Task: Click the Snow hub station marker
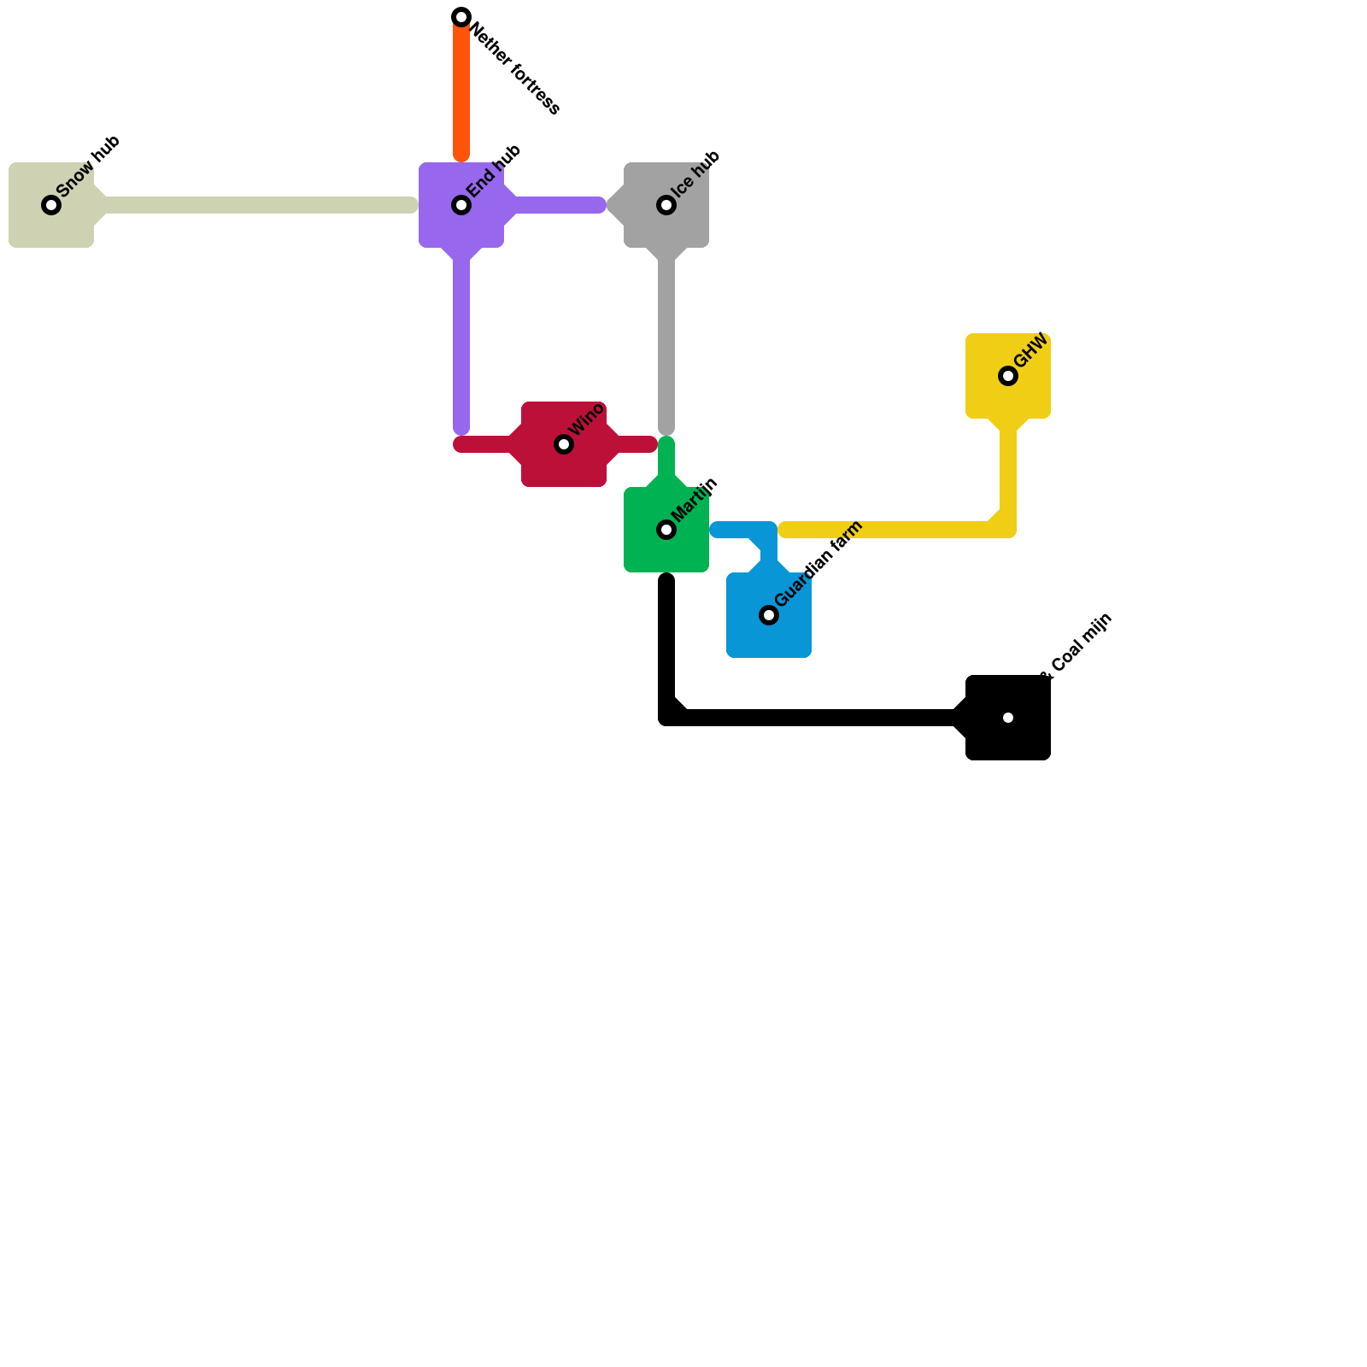point(51,205)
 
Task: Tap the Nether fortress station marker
point(461,17)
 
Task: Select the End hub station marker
point(461,205)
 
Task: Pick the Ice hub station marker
point(666,205)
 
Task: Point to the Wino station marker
point(564,444)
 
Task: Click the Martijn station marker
point(666,530)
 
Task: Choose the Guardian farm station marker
point(769,615)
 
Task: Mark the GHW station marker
point(1008,376)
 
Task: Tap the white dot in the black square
point(1008,718)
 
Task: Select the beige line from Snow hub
point(256,205)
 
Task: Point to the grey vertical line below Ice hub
point(666,342)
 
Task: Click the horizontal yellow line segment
point(889,530)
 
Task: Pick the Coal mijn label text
point(1081,645)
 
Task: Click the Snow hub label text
point(88,167)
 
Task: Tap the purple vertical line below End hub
point(461,342)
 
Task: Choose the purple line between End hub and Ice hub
point(560,205)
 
